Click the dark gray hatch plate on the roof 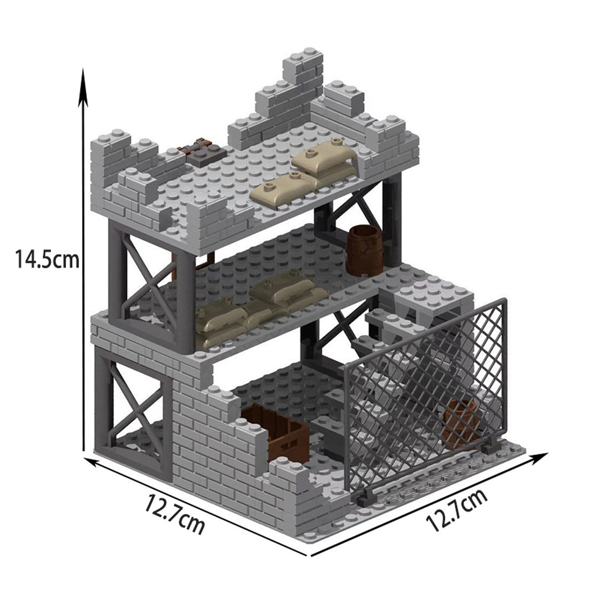tap(202, 155)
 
